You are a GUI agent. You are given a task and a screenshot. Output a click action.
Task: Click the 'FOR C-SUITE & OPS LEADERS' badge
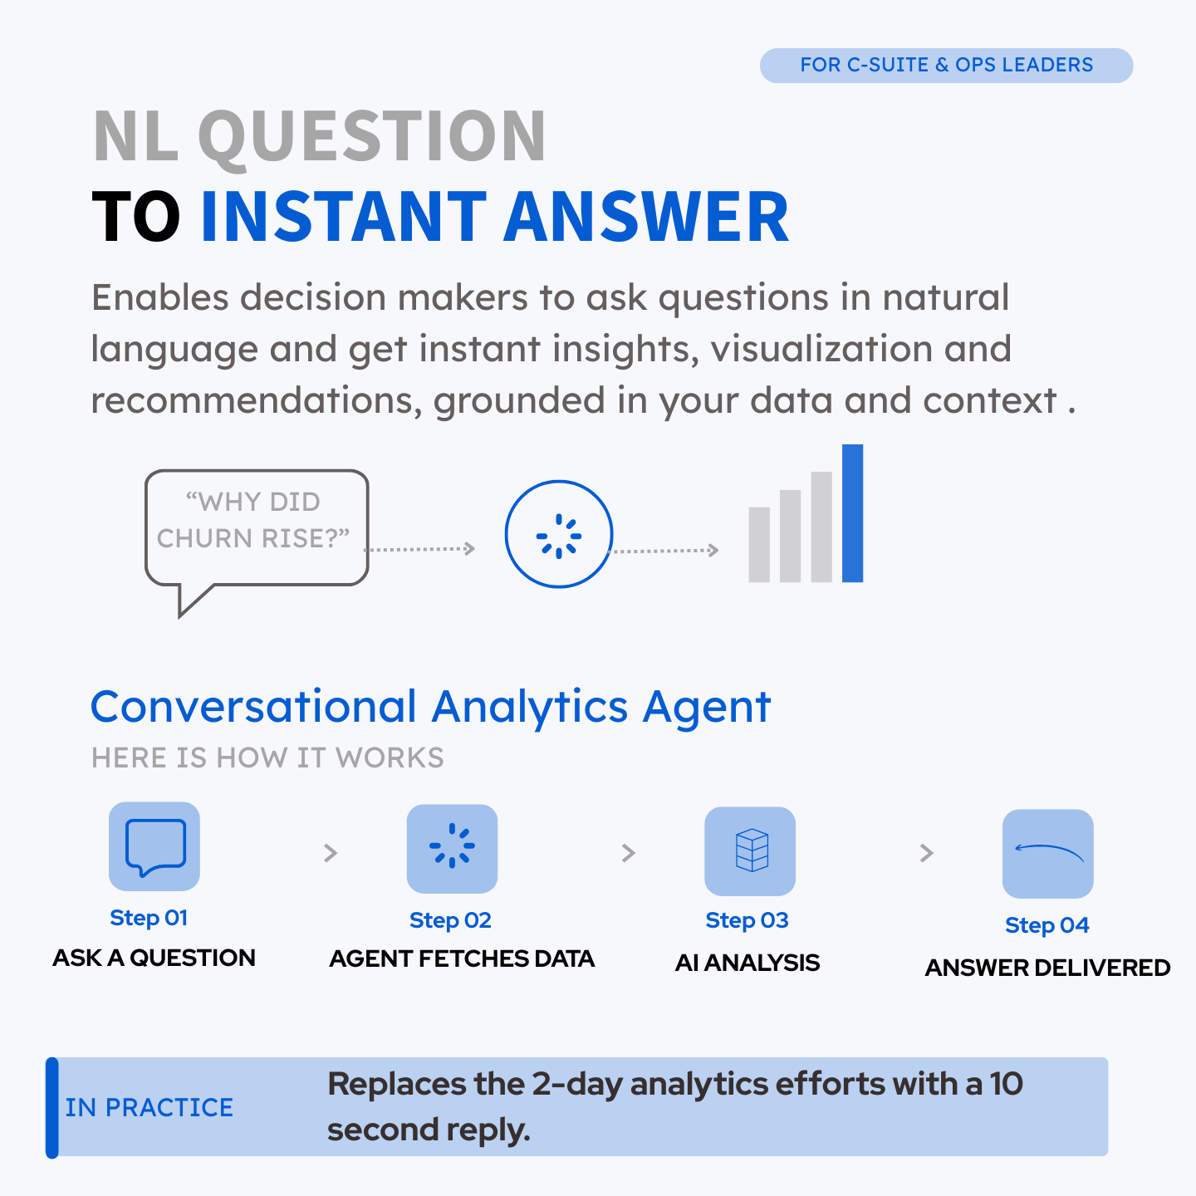(x=946, y=65)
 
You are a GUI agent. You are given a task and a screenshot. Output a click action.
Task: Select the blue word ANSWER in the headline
(x=646, y=216)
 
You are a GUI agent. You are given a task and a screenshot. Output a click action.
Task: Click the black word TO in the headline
(x=136, y=216)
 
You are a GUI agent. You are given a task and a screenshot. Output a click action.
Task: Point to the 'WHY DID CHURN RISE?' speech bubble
(x=257, y=527)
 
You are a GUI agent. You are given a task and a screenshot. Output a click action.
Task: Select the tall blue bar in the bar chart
(x=852, y=513)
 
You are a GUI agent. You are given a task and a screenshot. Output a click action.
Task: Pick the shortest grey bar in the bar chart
(x=759, y=544)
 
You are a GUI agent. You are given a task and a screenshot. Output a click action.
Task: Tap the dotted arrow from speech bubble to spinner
(x=419, y=549)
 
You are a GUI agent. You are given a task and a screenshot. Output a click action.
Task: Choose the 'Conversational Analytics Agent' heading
(x=431, y=706)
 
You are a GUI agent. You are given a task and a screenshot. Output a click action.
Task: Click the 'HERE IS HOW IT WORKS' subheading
(x=267, y=757)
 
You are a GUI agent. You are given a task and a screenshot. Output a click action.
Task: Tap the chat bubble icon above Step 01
(x=154, y=846)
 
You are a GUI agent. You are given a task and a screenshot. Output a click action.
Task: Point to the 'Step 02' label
(x=451, y=919)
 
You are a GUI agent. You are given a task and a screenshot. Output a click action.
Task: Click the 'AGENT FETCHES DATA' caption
(x=462, y=958)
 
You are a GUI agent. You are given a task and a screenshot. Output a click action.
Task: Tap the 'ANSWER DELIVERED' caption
(x=1047, y=968)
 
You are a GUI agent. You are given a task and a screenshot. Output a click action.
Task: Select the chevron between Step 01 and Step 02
(x=331, y=853)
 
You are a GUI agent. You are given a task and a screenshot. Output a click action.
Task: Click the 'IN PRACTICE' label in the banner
(x=149, y=1108)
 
